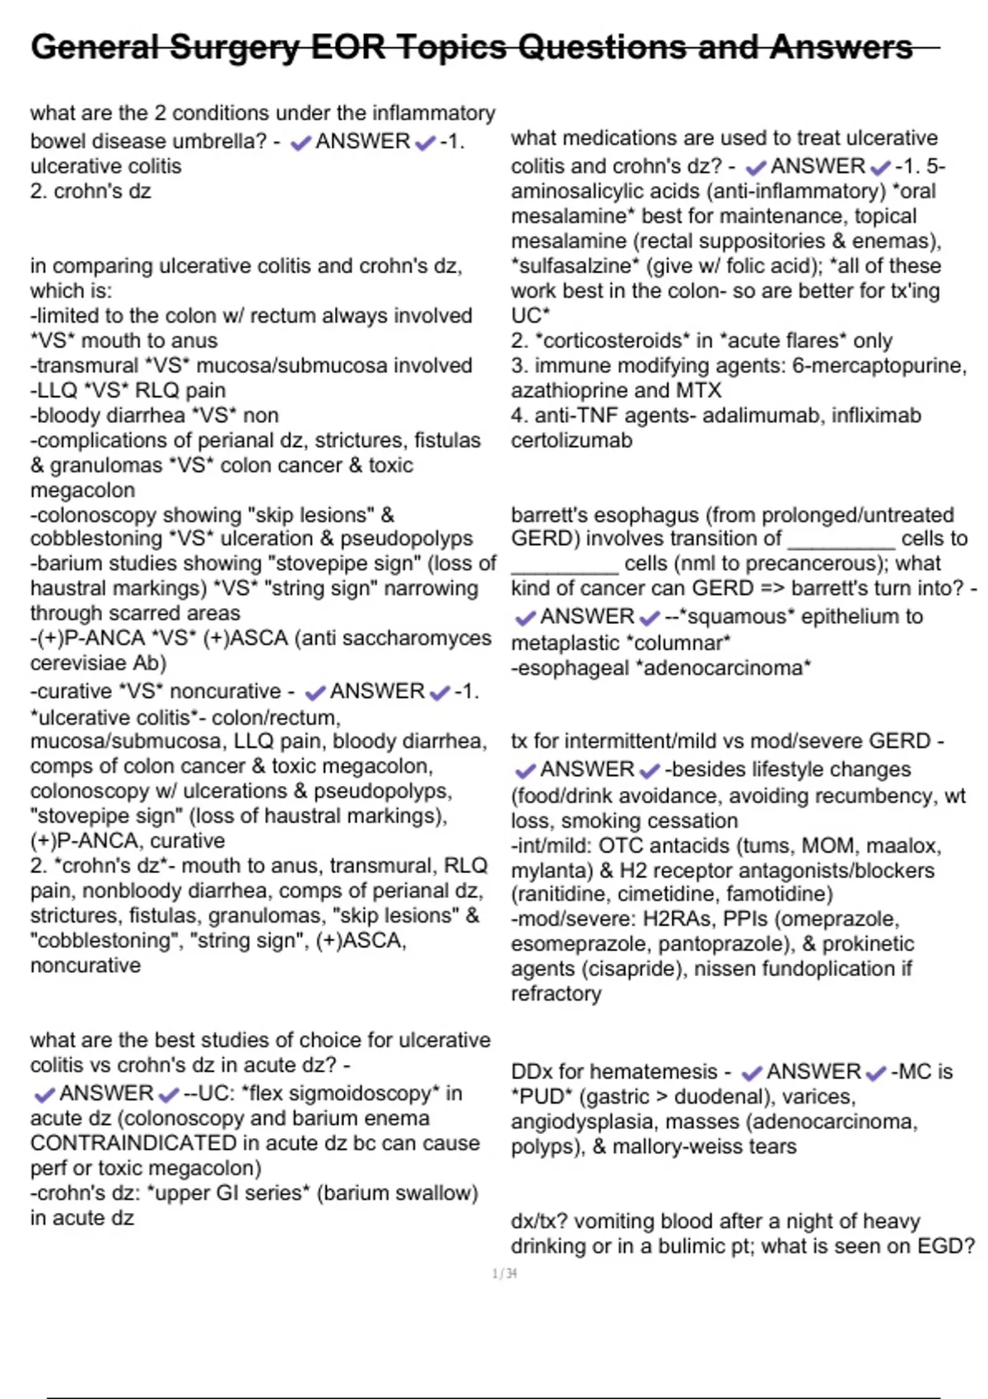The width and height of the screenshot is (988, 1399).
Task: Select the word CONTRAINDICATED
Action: pyautogui.click(x=133, y=1143)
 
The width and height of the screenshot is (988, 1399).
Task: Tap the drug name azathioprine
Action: pyautogui.click(x=570, y=390)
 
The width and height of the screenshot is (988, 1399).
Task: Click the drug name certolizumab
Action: pyautogui.click(x=571, y=440)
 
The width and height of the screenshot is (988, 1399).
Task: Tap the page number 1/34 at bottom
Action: pyautogui.click(x=505, y=1274)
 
